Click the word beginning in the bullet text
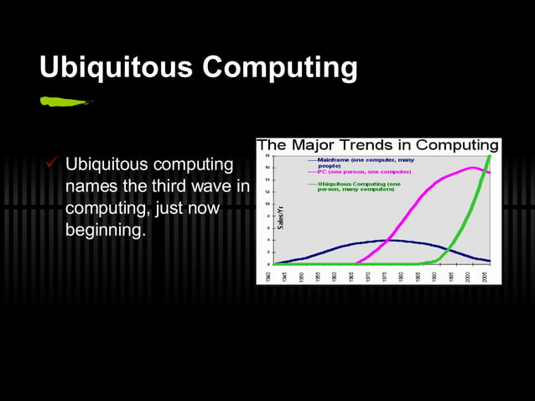[105, 229]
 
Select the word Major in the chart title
[311, 145]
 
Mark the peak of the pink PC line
[473, 168]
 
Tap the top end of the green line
[489, 155]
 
